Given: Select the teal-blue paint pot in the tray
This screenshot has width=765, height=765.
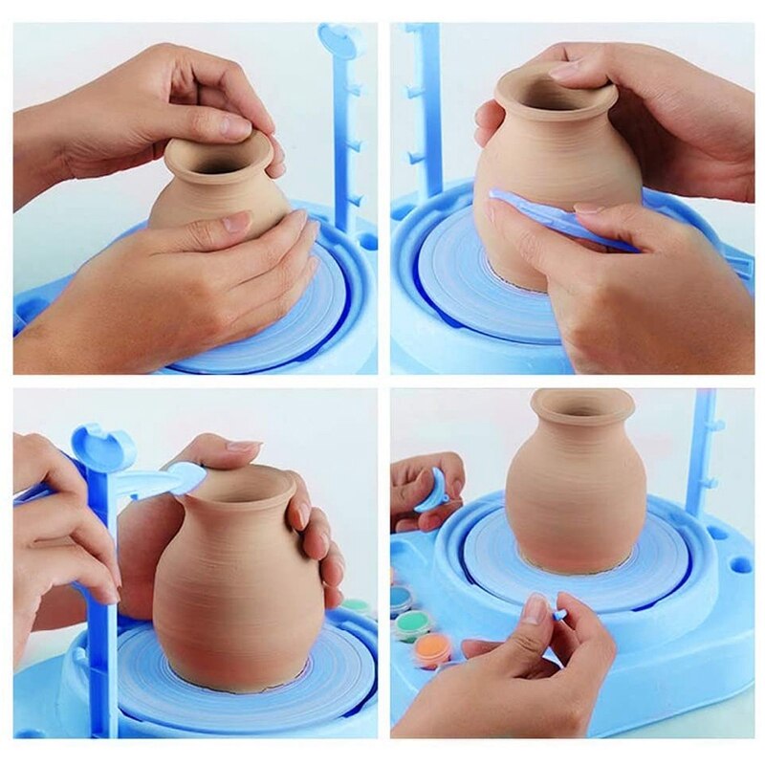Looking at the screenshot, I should click(401, 599).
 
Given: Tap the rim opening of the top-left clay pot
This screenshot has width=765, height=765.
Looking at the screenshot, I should click(218, 154).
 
